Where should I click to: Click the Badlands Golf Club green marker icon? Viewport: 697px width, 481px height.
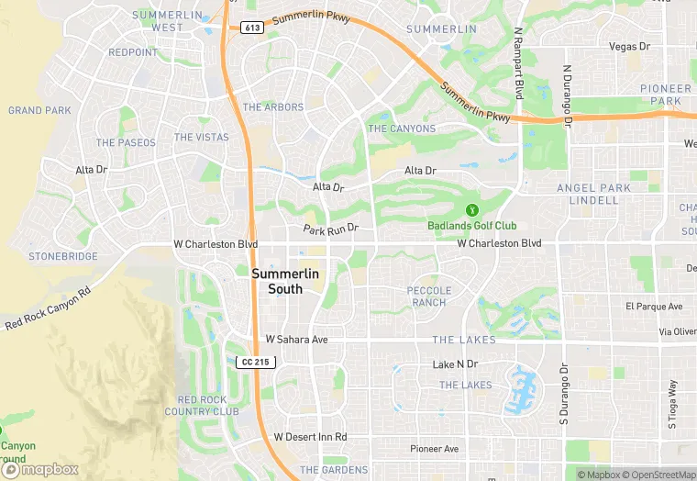(x=471, y=211)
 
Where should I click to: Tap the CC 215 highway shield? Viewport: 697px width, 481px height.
(x=255, y=363)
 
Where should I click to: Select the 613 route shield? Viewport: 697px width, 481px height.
(x=252, y=28)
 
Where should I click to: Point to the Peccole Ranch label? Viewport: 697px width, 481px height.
(x=428, y=296)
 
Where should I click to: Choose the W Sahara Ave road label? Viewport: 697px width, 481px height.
(x=296, y=339)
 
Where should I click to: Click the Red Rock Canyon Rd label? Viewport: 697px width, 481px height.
(x=48, y=308)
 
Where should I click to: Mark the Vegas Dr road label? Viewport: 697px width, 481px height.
(x=629, y=46)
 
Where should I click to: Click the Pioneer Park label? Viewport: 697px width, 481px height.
(x=666, y=95)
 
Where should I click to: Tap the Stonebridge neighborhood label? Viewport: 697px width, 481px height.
(x=62, y=256)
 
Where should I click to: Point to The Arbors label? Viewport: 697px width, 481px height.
(x=272, y=107)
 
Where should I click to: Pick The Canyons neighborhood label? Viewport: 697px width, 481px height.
(x=402, y=129)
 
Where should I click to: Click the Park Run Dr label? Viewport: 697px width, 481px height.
(x=330, y=227)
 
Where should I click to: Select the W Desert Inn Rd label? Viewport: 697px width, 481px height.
(x=310, y=436)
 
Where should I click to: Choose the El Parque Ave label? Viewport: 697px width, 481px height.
(x=654, y=306)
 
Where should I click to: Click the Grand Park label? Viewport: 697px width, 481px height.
(x=39, y=110)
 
